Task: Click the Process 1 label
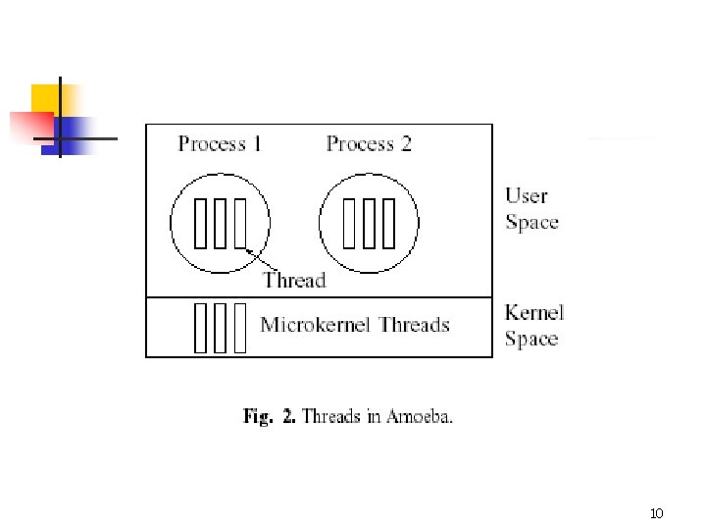pos(220,144)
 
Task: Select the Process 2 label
pos(369,144)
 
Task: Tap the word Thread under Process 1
pos(294,280)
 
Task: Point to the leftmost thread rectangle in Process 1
pos(201,224)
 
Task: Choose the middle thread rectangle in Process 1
pos(220,224)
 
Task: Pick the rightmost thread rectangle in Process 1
pos(238,224)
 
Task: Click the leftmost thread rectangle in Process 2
pos(350,224)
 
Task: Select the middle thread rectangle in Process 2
pos(369,224)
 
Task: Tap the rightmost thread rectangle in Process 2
pos(387,224)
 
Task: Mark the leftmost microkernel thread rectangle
pos(201,327)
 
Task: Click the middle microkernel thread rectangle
pos(221,327)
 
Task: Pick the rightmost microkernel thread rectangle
pos(240,327)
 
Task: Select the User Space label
pos(531,209)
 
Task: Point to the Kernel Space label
pos(533,326)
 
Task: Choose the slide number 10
pos(657,513)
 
